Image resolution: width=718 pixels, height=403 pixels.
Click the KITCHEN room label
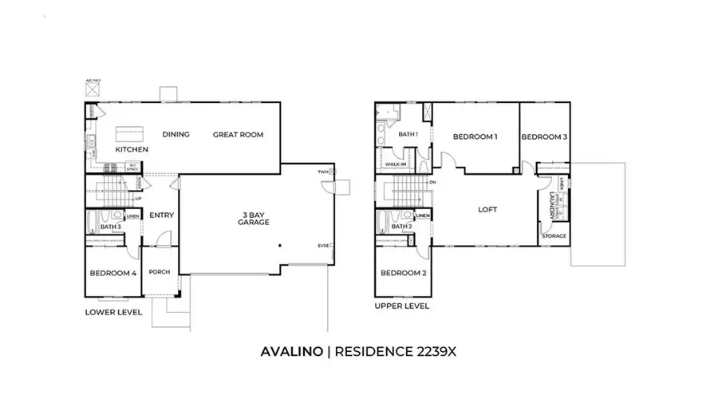(132, 149)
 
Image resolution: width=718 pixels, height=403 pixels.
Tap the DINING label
(176, 134)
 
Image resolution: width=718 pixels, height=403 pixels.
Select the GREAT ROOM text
(238, 134)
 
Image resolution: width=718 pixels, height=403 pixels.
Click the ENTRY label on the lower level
(161, 215)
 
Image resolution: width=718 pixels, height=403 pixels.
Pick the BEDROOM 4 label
(112, 274)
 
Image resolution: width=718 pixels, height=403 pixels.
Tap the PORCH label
(160, 272)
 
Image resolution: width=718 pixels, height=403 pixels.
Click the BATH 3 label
(111, 227)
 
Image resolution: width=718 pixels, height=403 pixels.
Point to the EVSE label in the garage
(323, 245)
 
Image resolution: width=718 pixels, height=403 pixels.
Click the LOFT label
(487, 210)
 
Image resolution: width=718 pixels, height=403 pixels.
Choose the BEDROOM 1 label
(475, 136)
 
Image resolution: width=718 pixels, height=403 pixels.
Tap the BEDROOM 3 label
(544, 136)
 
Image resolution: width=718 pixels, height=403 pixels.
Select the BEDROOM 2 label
(402, 273)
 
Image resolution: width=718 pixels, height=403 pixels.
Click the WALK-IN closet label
(396, 164)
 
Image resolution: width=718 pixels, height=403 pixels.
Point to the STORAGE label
(554, 236)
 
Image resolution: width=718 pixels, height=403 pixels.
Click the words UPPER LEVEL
(402, 306)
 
